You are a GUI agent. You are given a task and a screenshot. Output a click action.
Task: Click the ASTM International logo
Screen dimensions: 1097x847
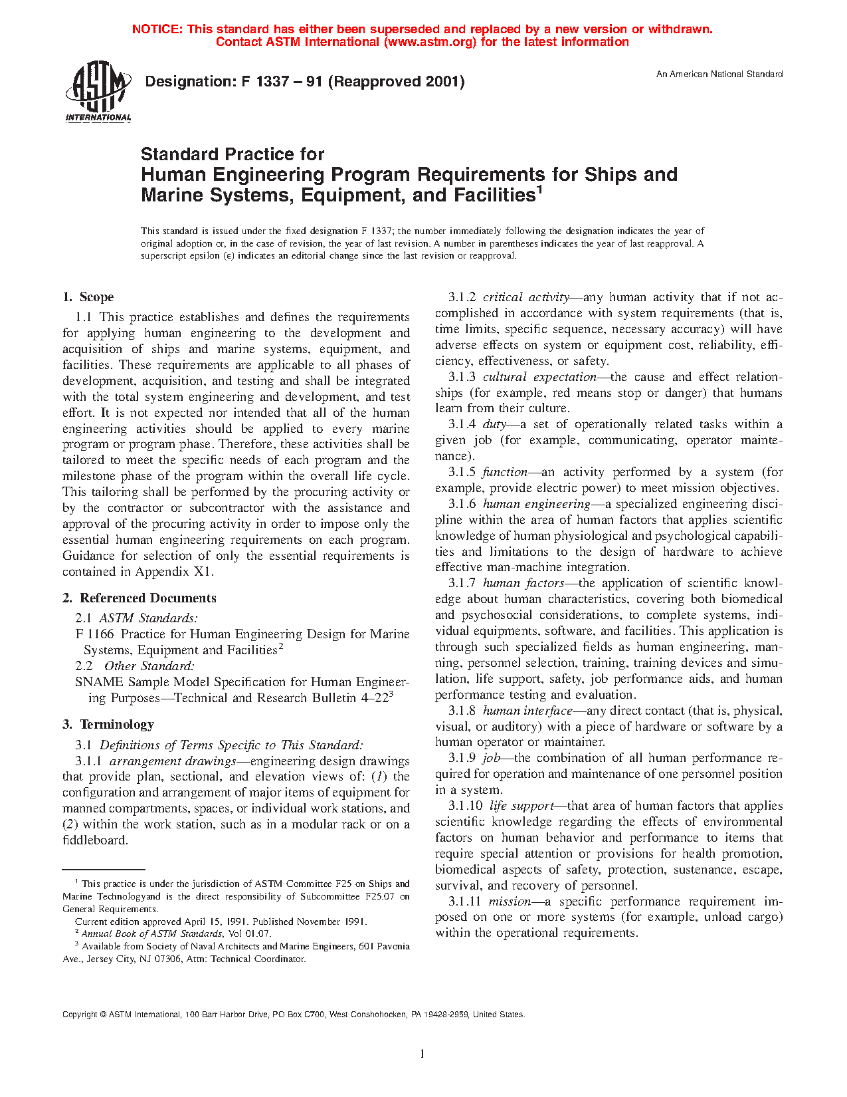click(98, 91)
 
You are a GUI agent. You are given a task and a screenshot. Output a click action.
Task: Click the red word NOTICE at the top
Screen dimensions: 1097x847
click(157, 29)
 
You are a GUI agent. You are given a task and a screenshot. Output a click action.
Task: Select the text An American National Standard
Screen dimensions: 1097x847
click(719, 74)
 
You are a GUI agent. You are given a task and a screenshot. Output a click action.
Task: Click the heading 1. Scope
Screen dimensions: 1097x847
click(88, 297)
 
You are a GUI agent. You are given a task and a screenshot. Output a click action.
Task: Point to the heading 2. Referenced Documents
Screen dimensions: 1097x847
click(139, 598)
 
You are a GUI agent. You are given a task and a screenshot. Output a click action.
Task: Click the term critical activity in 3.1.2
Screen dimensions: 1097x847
click(525, 297)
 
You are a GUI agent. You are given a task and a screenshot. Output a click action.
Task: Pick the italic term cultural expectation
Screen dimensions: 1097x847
click(539, 377)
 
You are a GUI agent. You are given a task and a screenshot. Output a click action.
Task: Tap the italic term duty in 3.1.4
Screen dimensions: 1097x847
click(494, 424)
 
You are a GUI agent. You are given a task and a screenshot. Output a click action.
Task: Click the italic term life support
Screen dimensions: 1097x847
click(521, 806)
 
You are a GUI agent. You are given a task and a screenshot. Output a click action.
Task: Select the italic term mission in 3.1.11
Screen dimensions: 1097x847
click(510, 902)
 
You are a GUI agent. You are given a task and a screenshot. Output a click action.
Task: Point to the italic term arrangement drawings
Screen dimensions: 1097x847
click(173, 761)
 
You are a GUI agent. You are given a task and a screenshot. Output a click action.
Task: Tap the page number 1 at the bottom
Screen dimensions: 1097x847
click(423, 1053)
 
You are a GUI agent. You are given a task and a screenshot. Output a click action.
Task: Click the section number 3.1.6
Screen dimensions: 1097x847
click(462, 504)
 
